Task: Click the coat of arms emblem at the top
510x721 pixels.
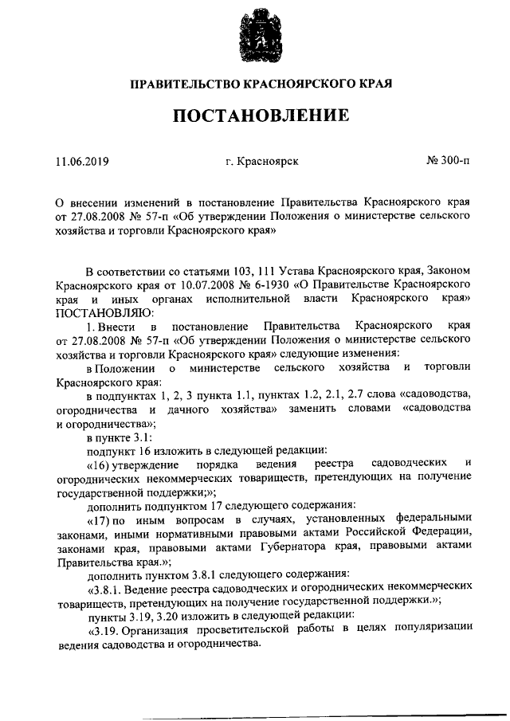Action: click(x=254, y=37)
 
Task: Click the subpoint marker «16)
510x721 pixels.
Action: click(x=99, y=464)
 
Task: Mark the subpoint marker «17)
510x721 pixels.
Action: click(x=99, y=519)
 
